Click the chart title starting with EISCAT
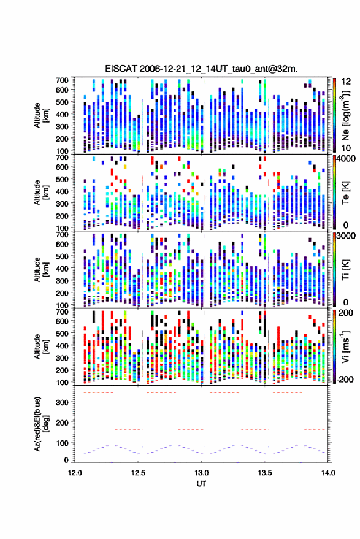click(201, 69)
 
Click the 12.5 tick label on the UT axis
click(138, 473)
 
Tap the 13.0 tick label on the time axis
click(201, 473)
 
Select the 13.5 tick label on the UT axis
click(264, 473)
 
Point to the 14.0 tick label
click(327, 473)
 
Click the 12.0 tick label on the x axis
click(75, 473)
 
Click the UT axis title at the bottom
click(201, 484)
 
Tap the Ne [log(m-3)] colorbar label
click(345, 115)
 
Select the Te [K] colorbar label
click(345, 193)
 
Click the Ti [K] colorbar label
click(345, 270)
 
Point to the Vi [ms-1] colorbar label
click(345, 346)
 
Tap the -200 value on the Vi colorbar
click(345, 380)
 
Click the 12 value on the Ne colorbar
click(346, 82)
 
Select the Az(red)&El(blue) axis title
click(41, 424)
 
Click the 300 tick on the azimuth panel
click(62, 402)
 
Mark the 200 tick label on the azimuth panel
click(62, 422)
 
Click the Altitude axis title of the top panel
click(41, 115)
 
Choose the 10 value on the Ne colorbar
click(346, 148)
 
